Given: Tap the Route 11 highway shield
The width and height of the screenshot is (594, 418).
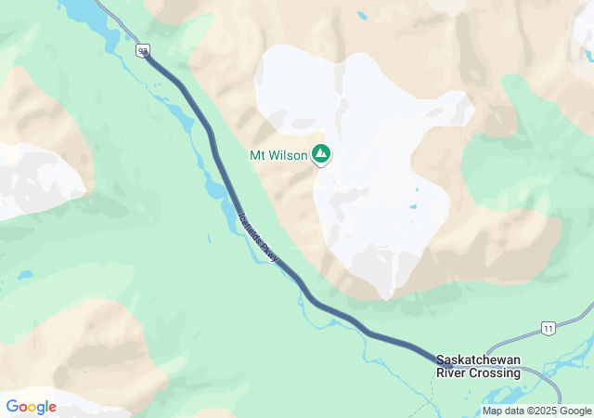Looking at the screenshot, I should (x=549, y=329).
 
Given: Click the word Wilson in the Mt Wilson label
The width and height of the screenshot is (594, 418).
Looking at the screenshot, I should (x=290, y=156).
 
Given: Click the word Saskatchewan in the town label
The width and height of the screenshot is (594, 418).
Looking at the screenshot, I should (x=479, y=360).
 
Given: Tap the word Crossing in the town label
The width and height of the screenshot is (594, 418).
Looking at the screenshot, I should (x=497, y=372).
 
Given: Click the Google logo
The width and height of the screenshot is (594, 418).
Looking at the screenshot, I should (x=31, y=407).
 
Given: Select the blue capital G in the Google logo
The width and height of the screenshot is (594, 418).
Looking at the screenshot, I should (x=12, y=407).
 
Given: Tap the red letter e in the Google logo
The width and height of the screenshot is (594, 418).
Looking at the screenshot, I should (x=52, y=408).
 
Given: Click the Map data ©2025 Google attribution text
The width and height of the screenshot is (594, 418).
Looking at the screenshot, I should (x=536, y=411).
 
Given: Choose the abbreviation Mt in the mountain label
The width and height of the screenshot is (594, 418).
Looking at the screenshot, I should (x=256, y=156).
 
